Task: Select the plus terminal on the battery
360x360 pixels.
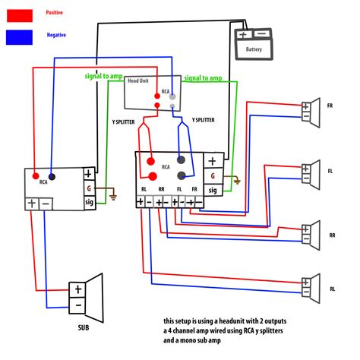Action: pyautogui.click(x=243, y=35)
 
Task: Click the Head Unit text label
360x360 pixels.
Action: pyautogui.click(x=138, y=81)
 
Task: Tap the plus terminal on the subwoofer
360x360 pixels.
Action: pyautogui.click(x=77, y=289)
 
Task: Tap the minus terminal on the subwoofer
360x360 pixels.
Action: pyautogui.click(x=77, y=305)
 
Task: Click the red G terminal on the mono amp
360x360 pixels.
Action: pyautogui.click(x=89, y=188)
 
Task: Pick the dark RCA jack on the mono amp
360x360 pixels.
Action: pyautogui.click(x=51, y=173)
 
